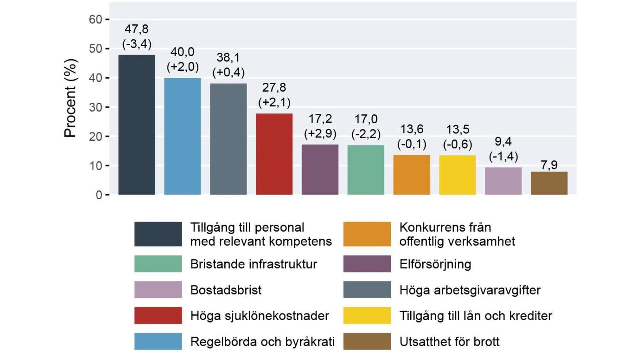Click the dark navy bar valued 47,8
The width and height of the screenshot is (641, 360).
pos(137,125)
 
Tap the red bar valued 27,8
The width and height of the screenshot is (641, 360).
pos(274,154)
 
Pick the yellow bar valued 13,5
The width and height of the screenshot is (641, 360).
pos(457,175)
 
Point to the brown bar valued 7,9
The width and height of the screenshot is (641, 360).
pos(549,183)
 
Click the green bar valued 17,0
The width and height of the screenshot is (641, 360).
pos(366,170)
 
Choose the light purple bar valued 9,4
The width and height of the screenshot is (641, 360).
pos(503,181)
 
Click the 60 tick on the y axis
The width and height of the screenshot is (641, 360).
pos(95,20)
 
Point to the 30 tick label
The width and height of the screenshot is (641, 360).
pos(95,107)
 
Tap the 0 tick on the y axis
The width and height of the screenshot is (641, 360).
pos(99,195)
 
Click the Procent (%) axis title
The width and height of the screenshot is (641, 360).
pos(70,98)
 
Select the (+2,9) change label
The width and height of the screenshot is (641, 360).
pos(320,133)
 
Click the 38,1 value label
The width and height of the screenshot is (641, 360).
pos(228,57)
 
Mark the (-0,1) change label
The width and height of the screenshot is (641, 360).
pos(412,144)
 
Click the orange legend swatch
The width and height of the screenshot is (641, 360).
pos(367,234)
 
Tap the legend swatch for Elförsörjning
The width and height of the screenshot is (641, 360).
pos(367,264)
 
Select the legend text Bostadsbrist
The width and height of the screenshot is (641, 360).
pos(226,290)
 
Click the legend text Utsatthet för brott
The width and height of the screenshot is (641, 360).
pos(449,342)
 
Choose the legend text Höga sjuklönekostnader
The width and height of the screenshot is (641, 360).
pos(260,316)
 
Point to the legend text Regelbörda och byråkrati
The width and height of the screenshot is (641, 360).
pos(262,342)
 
